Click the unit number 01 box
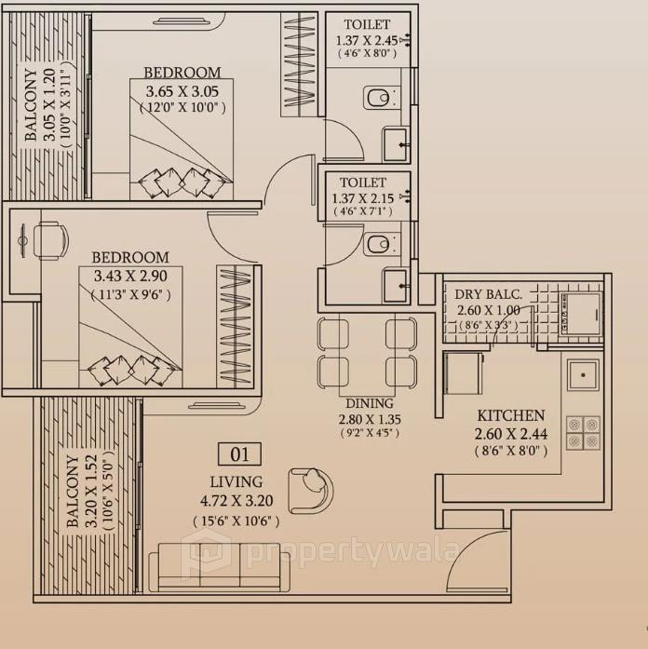point(239,454)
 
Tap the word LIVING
point(236,482)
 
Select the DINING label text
point(369,404)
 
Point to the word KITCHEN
point(511,415)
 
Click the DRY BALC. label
point(489,295)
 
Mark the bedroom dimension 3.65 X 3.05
point(182,90)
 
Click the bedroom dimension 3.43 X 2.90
point(130,277)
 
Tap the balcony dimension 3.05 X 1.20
point(47,103)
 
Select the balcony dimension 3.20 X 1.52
point(89,492)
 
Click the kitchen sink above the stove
point(584,375)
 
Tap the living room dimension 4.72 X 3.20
point(236,502)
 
